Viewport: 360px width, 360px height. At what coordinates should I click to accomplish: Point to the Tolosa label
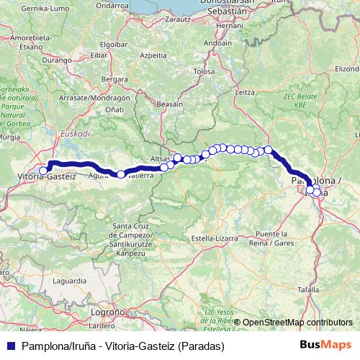pos(204,72)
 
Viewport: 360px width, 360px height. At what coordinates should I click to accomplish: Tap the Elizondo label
pos(348,69)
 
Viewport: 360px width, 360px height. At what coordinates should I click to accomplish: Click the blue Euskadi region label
pos(75,133)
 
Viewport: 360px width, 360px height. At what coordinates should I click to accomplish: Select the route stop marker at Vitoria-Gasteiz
pos(43,171)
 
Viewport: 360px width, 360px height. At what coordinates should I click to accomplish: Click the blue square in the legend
pos(11,346)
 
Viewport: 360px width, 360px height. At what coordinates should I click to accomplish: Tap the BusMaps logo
pos(325,346)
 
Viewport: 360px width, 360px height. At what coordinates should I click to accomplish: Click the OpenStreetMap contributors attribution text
pos(297,323)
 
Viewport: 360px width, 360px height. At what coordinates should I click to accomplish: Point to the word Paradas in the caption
pos(199,346)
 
